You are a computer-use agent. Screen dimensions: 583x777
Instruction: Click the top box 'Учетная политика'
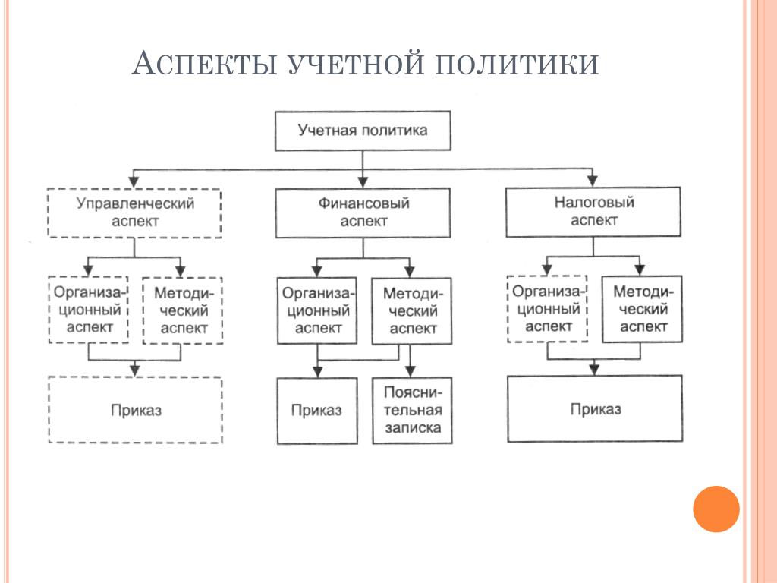pos(362,131)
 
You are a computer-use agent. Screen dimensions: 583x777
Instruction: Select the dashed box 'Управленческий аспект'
pos(134,213)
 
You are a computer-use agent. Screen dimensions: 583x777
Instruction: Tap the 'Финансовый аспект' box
pos(363,213)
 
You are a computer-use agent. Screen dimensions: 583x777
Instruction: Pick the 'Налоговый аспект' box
pos(594,212)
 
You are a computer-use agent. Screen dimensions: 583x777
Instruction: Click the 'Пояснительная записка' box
pos(412,411)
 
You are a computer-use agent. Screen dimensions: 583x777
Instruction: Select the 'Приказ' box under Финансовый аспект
pos(316,411)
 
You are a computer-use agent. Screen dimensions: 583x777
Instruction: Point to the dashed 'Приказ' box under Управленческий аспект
pos(136,410)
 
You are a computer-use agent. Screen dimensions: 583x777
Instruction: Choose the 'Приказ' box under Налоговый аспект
pos(595,409)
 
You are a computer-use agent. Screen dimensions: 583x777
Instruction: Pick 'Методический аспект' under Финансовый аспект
pos(412,310)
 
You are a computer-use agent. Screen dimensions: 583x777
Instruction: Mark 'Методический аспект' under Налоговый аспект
pos(642,308)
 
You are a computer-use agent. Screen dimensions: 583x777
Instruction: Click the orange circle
pos(716,509)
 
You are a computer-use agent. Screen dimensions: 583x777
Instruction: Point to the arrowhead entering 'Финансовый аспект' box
pos(363,183)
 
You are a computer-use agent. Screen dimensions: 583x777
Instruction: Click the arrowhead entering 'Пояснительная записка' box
pos(411,372)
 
